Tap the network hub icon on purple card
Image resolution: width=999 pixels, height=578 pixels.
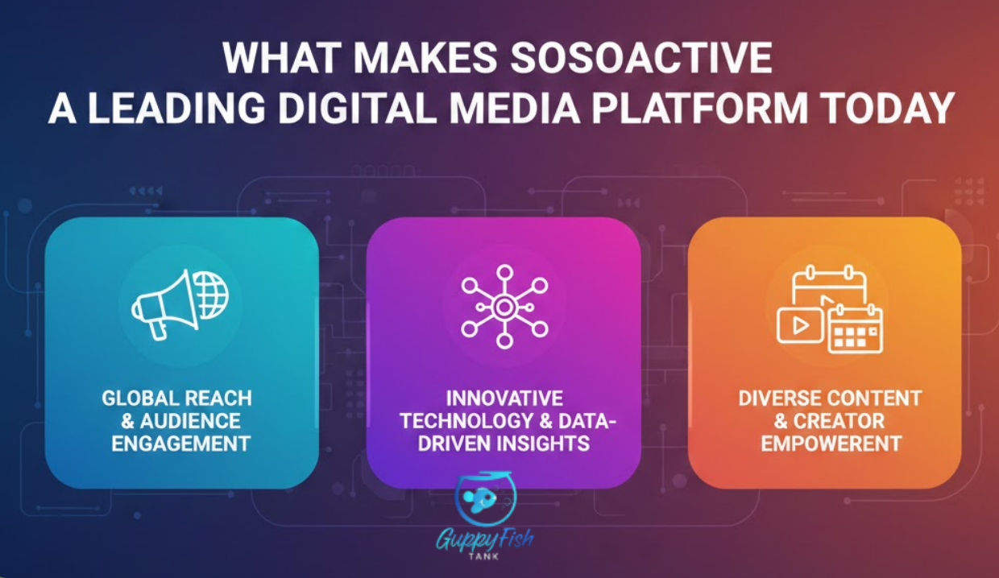[504, 306]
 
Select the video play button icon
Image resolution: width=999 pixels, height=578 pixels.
[800, 324]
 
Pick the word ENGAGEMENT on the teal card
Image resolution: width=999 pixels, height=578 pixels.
[181, 443]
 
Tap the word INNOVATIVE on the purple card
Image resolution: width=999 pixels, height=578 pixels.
[504, 398]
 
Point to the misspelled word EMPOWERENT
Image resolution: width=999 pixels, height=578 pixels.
[830, 443]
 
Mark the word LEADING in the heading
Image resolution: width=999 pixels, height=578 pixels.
[168, 108]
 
